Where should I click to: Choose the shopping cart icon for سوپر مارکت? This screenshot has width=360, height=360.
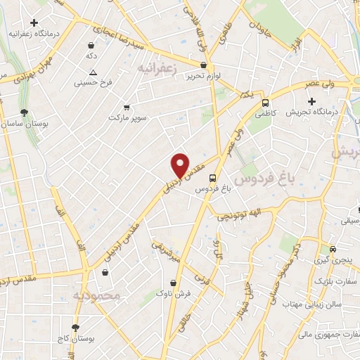(127, 108)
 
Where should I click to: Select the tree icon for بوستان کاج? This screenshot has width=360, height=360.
(75, 327)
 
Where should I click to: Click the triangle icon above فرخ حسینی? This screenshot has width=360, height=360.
(93, 72)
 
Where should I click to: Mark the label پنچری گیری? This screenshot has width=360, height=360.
(334, 261)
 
